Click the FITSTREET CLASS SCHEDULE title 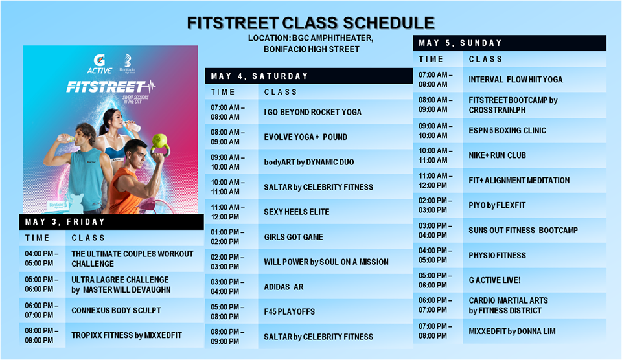tap(310, 23)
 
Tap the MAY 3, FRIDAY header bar tap(111, 222)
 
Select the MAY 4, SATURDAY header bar tap(308, 76)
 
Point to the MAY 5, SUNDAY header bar tap(509, 43)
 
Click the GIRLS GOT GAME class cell tap(335, 237)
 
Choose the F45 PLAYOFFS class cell tap(335, 311)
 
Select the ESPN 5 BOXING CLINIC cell tap(535, 130)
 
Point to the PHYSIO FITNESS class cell tap(535, 255)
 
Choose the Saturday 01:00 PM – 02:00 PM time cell tap(231, 237)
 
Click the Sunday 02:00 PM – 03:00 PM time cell tap(437, 205)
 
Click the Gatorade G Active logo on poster tap(99, 64)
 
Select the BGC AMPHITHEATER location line tap(310, 38)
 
